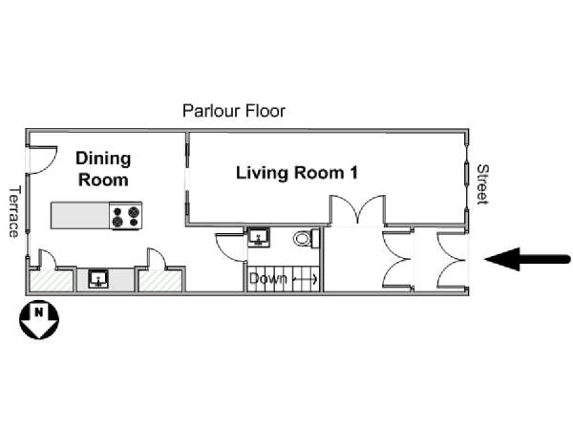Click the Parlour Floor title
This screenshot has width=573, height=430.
(x=234, y=111)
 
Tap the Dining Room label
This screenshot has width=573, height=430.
(x=103, y=169)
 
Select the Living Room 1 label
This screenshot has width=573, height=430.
(x=297, y=173)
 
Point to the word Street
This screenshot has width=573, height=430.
(x=482, y=184)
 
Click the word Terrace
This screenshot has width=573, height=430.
(x=14, y=212)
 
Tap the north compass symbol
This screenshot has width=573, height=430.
(x=39, y=319)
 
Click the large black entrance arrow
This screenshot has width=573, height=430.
(x=527, y=259)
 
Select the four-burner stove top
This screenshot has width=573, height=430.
(x=126, y=216)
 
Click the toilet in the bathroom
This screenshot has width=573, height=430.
(x=307, y=238)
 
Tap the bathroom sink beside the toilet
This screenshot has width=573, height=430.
(x=259, y=237)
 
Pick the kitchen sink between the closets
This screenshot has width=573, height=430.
(x=98, y=279)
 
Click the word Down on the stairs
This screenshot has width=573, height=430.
(x=267, y=279)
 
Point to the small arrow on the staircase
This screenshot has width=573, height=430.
(x=306, y=280)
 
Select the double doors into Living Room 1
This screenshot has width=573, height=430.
(x=357, y=209)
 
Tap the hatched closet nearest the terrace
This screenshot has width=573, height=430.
(x=52, y=281)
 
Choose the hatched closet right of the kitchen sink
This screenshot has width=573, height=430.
(x=160, y=281)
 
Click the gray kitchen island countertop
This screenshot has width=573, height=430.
(x=80, y=216)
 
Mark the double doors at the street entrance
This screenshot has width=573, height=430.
(x=451, y=260)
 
